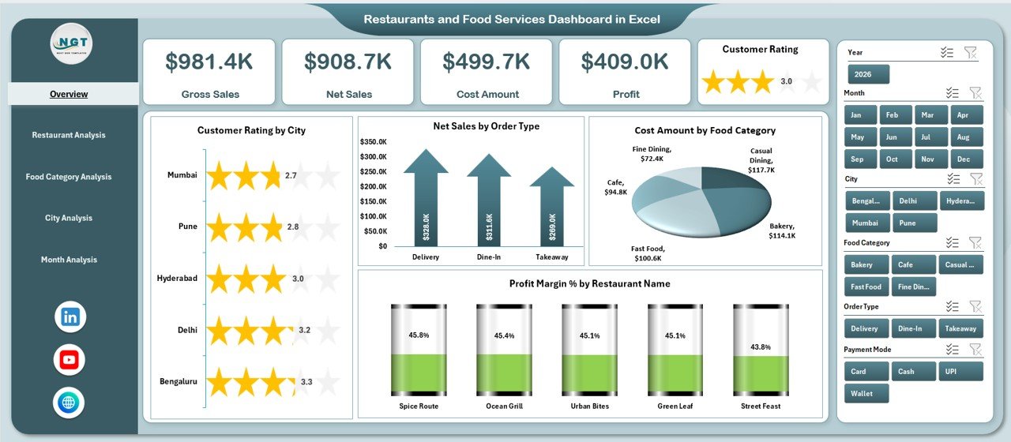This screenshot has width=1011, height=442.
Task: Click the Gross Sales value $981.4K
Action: pyautogui.click(x=209, y=62)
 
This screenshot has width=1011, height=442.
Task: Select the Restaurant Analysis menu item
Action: pyautogui.click(x=69, y=135)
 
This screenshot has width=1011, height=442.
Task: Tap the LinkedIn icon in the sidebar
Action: pyautogui.click(x=70, y=317)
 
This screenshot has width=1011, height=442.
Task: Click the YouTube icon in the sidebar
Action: pyautogui.click(x=70, y=360)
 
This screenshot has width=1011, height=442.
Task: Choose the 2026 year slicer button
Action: pyautogui.click(x=868, y=74)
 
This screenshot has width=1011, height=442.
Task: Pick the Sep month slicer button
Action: pyautogui.click(x=857, y=159)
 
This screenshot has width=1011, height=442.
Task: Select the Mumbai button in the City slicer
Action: pyautogui.click(x=866, y=223)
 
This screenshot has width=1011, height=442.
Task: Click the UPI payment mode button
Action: pyautogui.click(x=960, y=371)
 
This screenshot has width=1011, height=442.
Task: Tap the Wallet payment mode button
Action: pyautogui.click(x=866, y=393)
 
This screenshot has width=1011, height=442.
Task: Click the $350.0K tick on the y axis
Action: pyautogui.click(x=373, y=142)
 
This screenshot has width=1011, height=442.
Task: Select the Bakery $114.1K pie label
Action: pyautogui.click(x=782, y=230)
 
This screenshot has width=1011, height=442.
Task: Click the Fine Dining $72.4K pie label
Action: pyautogui.click(x=652, y=154)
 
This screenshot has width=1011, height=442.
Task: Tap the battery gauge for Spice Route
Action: pyautogui.click(x=418, y=350)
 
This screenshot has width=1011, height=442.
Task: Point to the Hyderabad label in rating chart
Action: pyautogui.click(x=177, y=279)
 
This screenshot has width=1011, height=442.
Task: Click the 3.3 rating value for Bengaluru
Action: pyautogui.click(x=306, y=382)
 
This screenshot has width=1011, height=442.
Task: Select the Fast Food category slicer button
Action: pyautogui.click(x=866, y=287)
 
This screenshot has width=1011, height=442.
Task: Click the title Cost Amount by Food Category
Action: pyautogui.click(x=705, y=130)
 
